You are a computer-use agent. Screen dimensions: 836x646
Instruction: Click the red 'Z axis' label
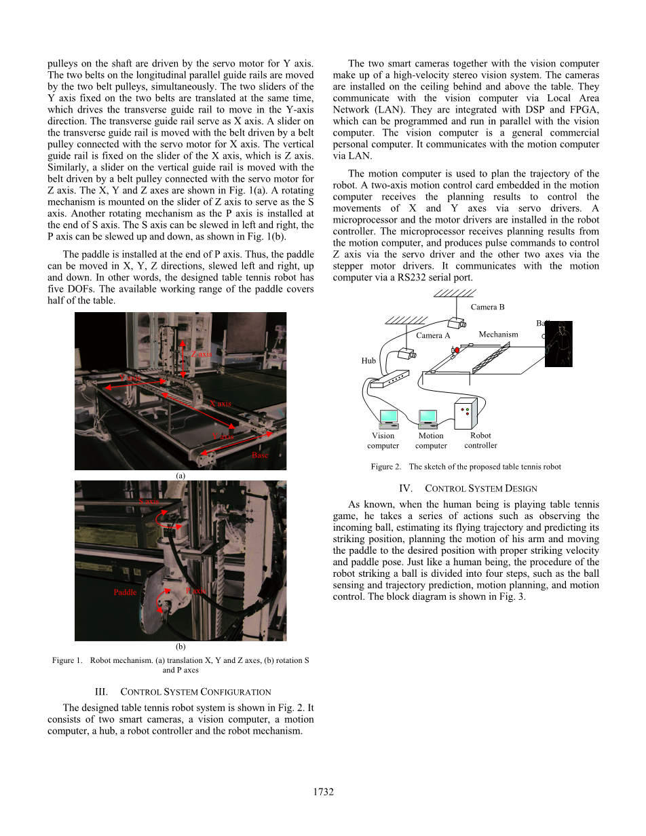(x=201, y=354)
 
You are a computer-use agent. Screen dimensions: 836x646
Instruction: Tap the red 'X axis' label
(x=221, y=403)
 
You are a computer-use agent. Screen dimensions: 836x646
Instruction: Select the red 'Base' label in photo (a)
(x=259, y=455)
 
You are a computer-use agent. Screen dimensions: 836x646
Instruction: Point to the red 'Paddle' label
(x=125, y=592)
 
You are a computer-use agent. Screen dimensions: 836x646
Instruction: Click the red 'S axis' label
(x=149, y=501)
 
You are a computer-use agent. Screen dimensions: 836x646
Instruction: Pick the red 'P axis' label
(x=195, y=592)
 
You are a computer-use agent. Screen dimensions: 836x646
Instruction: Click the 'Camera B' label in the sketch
(x=487, y=307)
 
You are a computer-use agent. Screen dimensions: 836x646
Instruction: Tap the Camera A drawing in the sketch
(x=407, y=354)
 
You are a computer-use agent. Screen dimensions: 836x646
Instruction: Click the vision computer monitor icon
(x=389, y=417)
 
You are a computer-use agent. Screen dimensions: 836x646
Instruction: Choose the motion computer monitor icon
(x=429, y=417)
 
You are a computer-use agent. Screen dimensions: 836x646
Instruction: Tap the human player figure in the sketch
(x=558, y=343)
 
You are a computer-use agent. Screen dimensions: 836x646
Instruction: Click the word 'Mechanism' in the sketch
(x=498, y=334)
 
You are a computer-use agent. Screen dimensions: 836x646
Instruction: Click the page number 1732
(x=323, y=792)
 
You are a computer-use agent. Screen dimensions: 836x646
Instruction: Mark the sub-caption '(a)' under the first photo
(x=180, y=476)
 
